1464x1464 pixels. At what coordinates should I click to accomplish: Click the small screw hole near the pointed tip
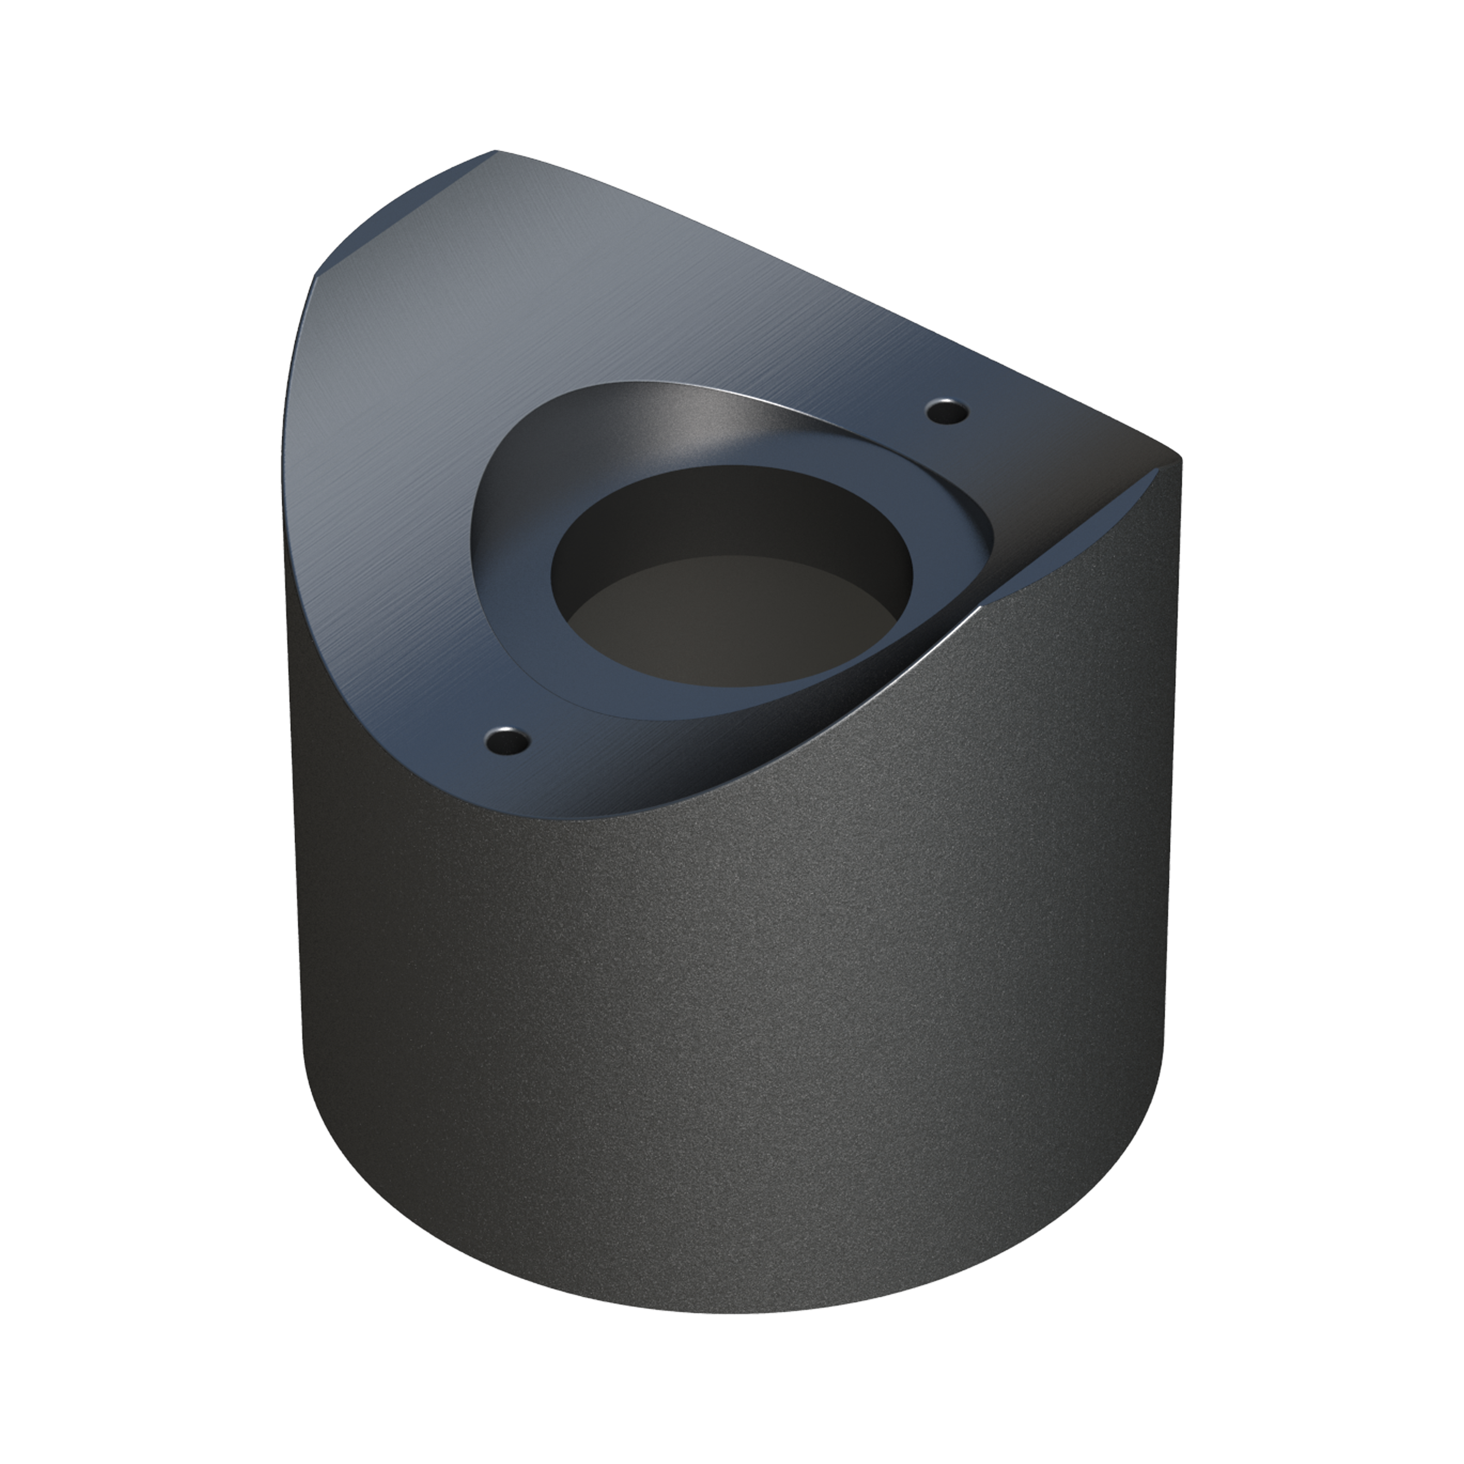pyautogui.click(x=947, y=411)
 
